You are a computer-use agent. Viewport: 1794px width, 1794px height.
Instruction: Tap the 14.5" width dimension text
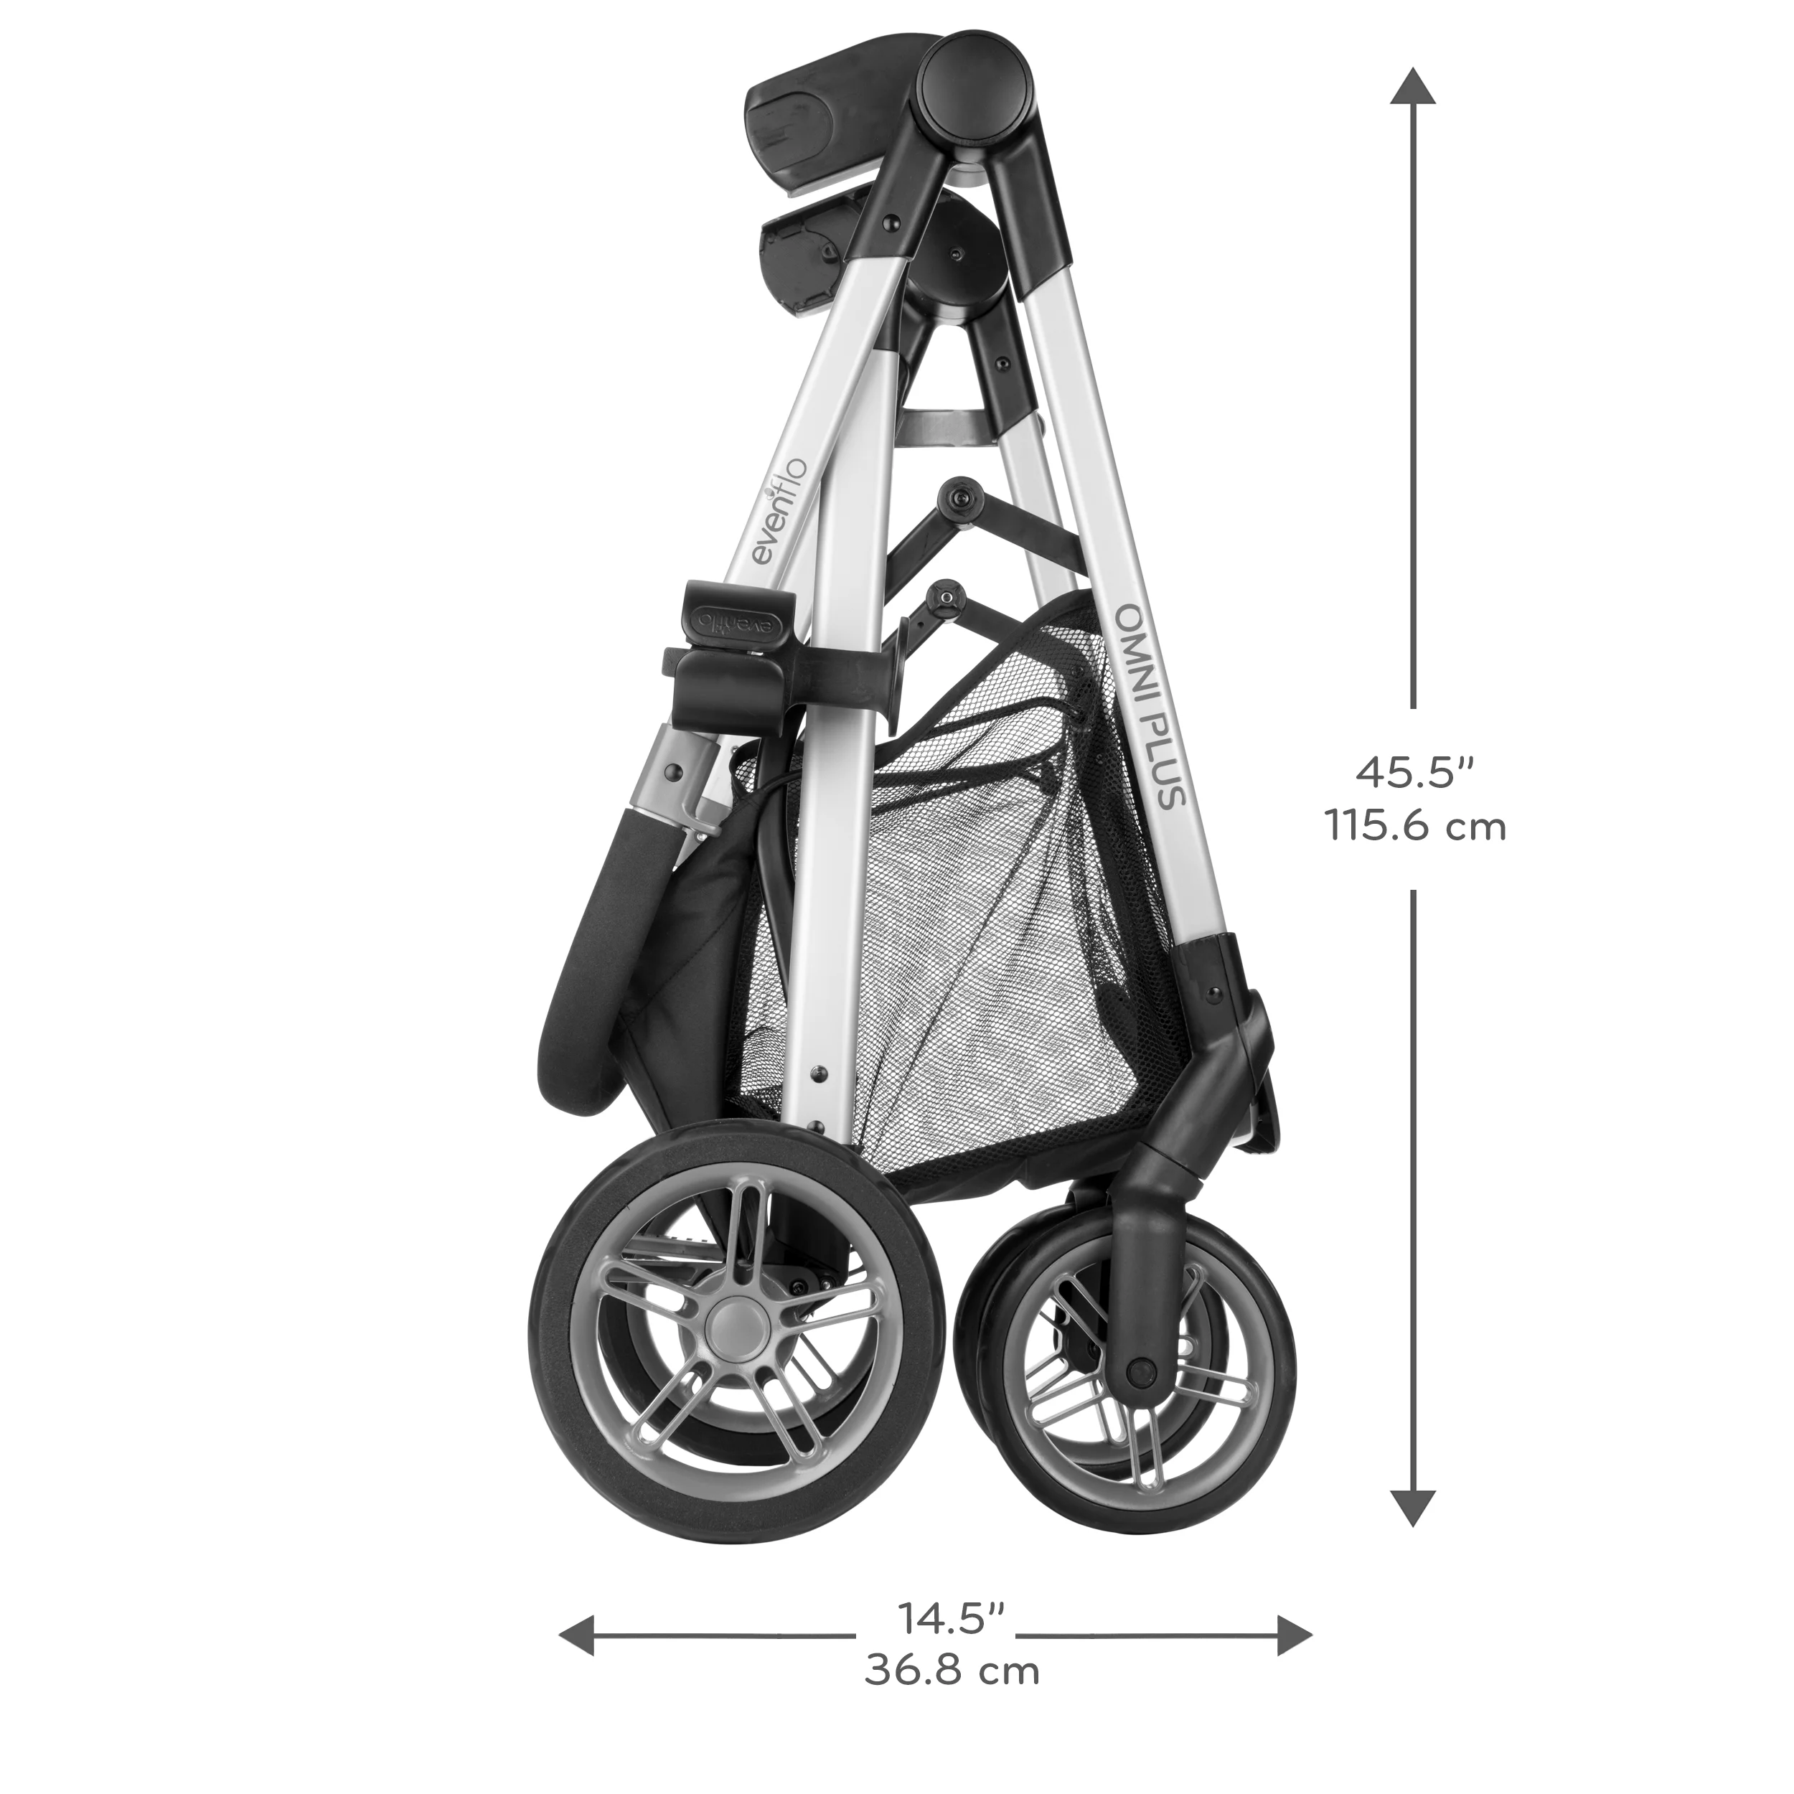tap(952, 1620)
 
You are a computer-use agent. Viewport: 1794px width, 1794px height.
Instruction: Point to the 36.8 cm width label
tap(952, 1671)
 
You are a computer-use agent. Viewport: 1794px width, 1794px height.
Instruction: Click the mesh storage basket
tap(975, 929)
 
